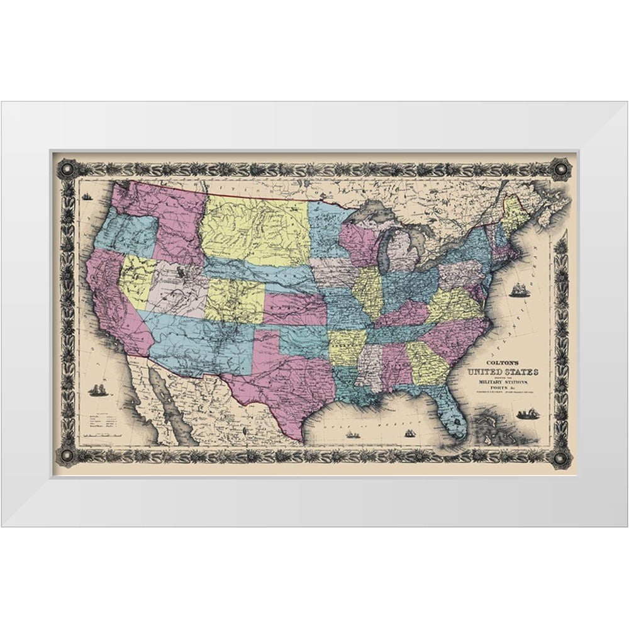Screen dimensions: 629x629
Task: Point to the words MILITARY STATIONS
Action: coord(502,383)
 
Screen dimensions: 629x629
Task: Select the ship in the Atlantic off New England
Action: coord(520,290)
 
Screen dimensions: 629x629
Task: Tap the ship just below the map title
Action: coord(525,413)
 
